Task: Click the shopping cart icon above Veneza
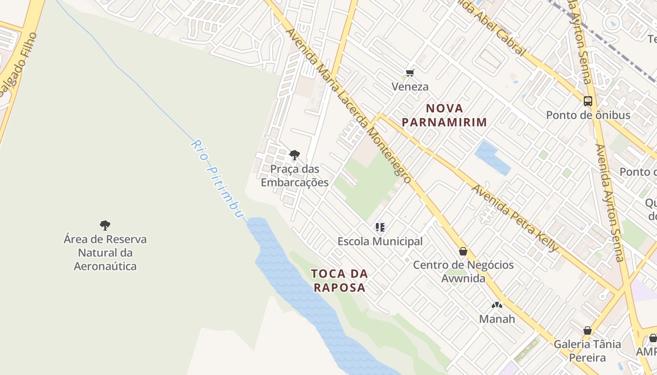click(x=410, y=73)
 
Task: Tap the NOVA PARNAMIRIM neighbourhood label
click(x=444, y=115)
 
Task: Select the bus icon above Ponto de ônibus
click(x=588, y=101)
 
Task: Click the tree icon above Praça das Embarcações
click(x=295, y=155)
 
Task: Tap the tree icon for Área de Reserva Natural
click(x=105, y=225)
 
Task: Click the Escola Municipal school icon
click(x=380, y=228)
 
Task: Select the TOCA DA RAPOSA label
click(x=339, y=280)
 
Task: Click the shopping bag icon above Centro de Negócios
click(x=463, y=252)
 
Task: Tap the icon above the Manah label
click(x=497, y=305)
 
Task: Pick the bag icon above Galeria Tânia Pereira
click(x=587, y=330)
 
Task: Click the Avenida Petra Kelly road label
click(x=515, y=218)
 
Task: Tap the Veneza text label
click(x=410, y=87)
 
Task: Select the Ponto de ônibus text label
click(x=588, y=115)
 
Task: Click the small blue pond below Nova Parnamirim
click(x=491, y=158)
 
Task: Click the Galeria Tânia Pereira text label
click(x=587, y=351)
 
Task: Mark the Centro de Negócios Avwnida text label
click(x=463, y=271)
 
